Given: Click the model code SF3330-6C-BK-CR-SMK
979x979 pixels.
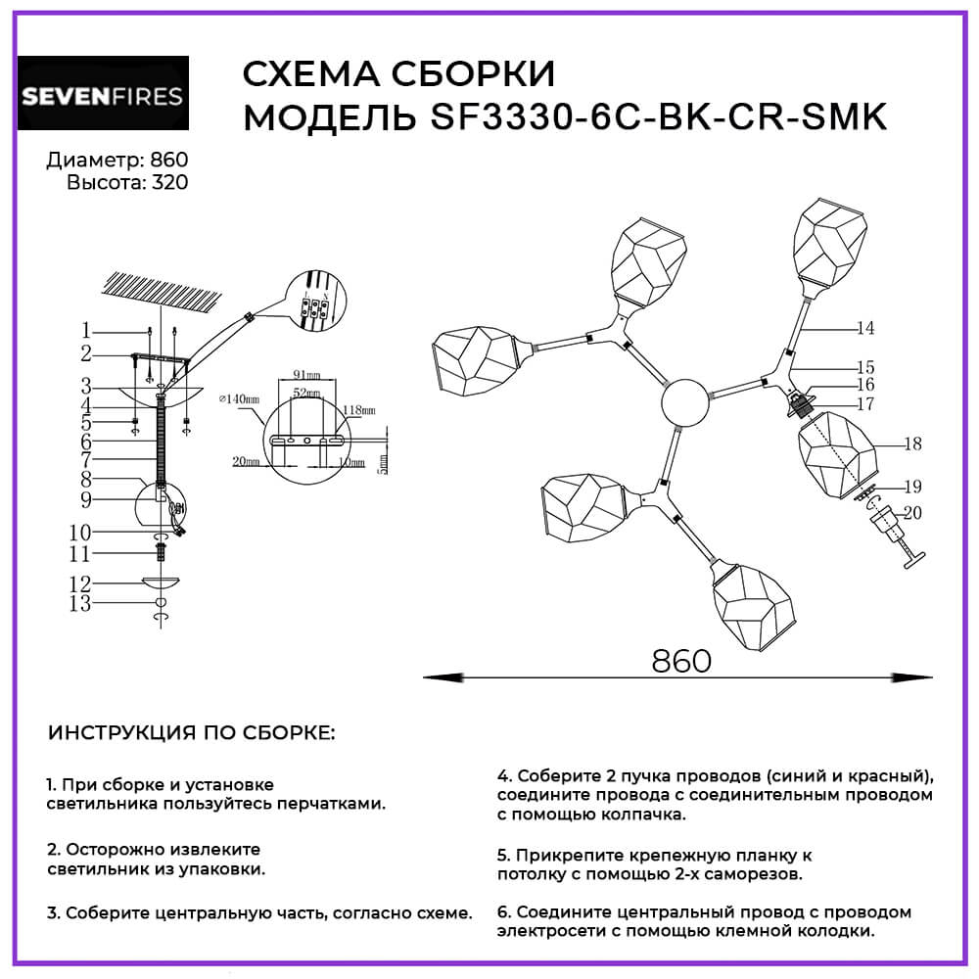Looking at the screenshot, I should point(658,117).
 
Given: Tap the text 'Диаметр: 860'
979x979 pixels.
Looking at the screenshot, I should point(118,161).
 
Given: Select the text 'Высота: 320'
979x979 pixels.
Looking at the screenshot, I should point(127,182).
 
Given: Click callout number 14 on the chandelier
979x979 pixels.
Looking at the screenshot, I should point(863,329).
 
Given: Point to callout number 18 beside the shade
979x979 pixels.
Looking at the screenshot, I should point(912,444).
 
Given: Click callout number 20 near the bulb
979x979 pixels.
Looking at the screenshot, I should point(912,511).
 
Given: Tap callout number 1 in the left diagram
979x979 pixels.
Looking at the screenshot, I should point(86,330).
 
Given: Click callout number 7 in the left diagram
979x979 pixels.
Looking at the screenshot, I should point(86,458).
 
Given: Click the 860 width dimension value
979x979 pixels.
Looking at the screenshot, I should point(680,661).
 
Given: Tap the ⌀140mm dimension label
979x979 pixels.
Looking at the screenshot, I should point(240,398).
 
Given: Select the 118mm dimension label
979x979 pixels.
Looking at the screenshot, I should point(359,411).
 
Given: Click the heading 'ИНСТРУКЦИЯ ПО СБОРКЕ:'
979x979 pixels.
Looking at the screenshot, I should point(191,734).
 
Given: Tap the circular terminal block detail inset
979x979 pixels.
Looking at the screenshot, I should point(316,301).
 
